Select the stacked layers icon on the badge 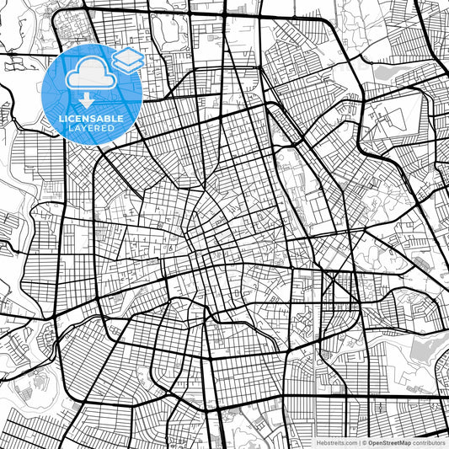(x=126, y=58)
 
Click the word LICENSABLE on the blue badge (x=91, y=119)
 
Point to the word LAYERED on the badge (x=91, y=129)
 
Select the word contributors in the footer (x=430, y=441)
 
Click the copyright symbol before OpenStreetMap (x=364, y=441)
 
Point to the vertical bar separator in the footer (x=358, y=441)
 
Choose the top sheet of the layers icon (x=126, y=54)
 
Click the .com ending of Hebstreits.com (x=348, y=441)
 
